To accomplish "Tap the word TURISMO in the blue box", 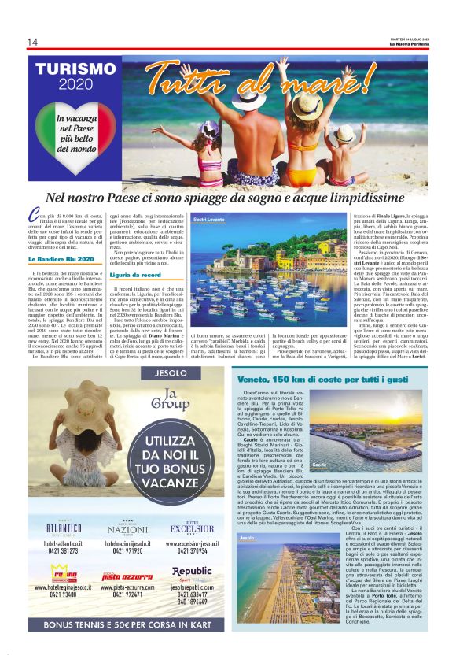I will (75, 69).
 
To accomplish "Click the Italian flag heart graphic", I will (75, 130).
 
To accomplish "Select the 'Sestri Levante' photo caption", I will (210, 220).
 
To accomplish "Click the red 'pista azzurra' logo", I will (131, 577).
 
